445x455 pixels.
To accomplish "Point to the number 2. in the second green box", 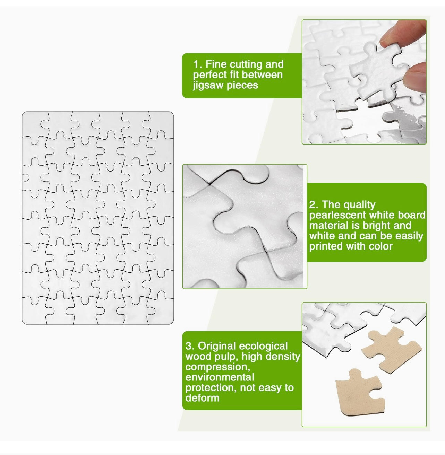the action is (x=314, y=204).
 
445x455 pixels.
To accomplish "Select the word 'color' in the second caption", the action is (x=381, y=246).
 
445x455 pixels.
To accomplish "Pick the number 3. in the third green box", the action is (x=190, y=346).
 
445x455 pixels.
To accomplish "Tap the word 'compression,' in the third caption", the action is (x=218, y=367).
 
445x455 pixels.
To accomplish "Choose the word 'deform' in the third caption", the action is (x=202, y=398).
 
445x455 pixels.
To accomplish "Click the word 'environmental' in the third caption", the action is (x=220, y=377).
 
